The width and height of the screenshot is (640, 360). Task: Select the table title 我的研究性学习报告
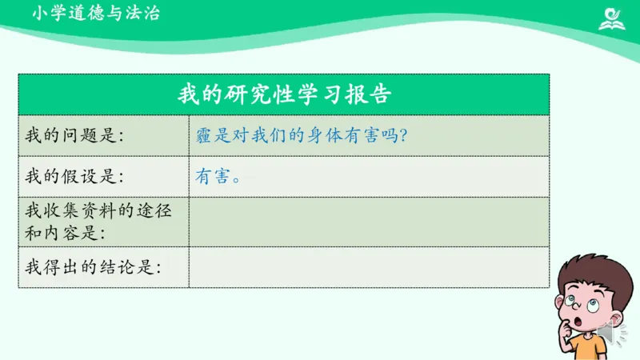click(x=283, y=94)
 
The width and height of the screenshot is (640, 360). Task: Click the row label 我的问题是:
click(x=75, y=135)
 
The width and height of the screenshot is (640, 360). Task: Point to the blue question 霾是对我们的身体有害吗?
click(x=302, y=135)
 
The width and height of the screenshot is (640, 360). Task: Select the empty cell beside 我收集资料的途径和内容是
click(x=368, y=222)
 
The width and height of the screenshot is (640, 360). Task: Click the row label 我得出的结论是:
click(x=93, y=266)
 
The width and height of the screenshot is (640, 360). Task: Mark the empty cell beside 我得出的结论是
click(x=368, y=266)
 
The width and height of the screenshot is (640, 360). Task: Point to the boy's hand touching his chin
click(x=574, y=326)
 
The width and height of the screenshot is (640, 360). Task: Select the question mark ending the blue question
click(x=403, y=135)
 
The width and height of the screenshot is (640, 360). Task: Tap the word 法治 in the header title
click(x=142, y=14)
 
